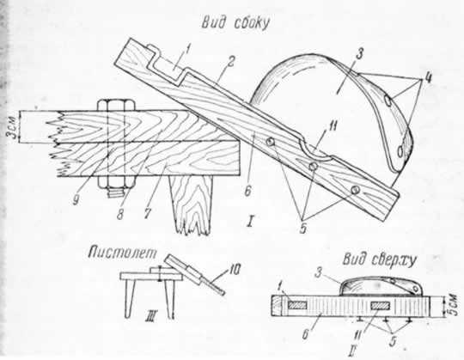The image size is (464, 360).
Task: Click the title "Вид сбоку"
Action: click(235, 23)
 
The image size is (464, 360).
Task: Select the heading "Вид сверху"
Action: click(380, 260)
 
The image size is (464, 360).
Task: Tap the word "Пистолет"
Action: click(123, 253)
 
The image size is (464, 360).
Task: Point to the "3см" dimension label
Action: click(12, 126)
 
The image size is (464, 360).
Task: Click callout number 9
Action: click(77, 200)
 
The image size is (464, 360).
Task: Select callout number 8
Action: click(119, 215)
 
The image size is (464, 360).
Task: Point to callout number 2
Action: click(230, 63)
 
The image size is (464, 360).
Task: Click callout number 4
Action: click(426, 78)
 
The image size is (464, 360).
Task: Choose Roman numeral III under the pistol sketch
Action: click(150, 318)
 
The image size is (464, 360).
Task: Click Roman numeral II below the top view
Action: click(351, 351)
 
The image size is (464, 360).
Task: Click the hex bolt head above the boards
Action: click(116, 105)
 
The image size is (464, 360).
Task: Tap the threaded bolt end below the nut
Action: click(116, 193)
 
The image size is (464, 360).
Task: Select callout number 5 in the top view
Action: click(393, 341)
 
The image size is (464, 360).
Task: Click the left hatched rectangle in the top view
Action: click(297, 306)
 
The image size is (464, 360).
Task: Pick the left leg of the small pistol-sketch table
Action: click(129, 299)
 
